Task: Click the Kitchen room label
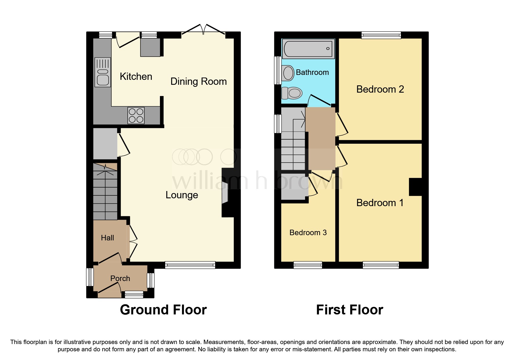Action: click(136, 77)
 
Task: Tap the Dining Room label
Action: click(199, 82)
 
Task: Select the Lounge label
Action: click(182, 195)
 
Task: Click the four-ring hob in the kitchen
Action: click(136, 115)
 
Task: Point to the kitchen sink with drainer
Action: click(103, 73)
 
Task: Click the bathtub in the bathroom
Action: click(308, 48)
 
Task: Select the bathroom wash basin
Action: click(288, 73)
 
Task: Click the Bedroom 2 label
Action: click(380, 89)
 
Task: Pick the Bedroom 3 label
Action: click(308, 233)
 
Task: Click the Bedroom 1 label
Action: click(380, 203)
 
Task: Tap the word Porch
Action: click(120, 279)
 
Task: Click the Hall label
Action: click(107, 238)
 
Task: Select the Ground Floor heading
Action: click(163, 310)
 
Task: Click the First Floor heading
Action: click(349, 310)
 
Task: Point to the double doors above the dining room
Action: click(204, 31)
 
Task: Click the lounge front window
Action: click(190, 264)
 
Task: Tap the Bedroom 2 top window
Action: click(381, 35)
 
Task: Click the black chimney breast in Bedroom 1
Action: click(415, 187)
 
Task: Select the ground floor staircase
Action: click(105, 192)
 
